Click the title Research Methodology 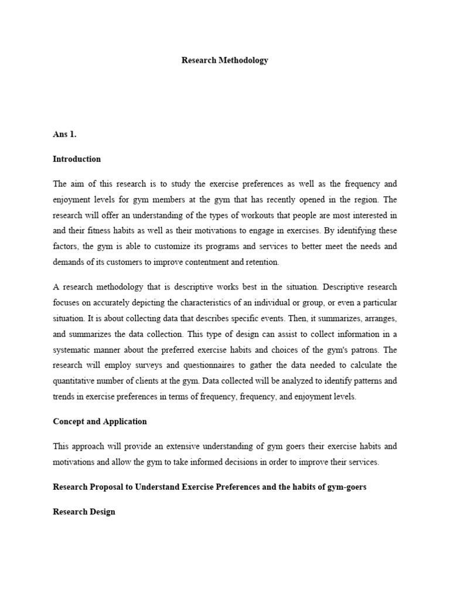click(225, 60)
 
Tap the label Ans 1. click(64, 134)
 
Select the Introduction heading click(77, 159)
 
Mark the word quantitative click(79, 381)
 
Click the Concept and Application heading click(100, 421)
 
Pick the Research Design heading click(84, 512)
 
